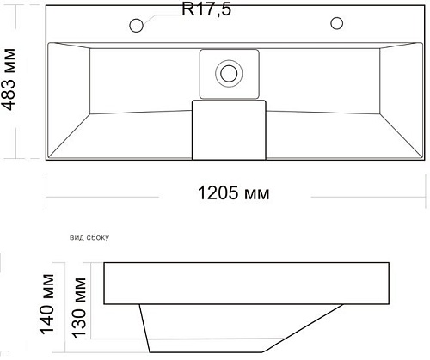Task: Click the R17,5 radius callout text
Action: (x=206, y=9)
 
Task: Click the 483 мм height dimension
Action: (x=9, y=79)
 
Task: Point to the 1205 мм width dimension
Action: (x=234, y=192)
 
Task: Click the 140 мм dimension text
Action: (x=47, y=304)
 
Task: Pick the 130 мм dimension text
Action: (x=78, y=308)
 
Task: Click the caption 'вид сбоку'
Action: (x=89, y=237)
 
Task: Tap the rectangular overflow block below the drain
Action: (x=229, y=130)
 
